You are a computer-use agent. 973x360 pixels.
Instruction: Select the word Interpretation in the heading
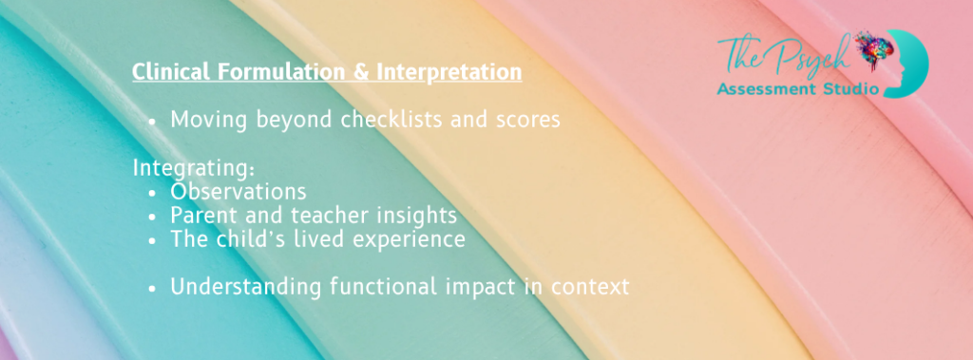tap(449, 73)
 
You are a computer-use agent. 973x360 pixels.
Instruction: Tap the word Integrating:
tap(194, 169)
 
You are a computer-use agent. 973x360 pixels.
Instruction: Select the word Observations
tap(238, 191)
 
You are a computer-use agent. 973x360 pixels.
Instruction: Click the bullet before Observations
tap(153, 193)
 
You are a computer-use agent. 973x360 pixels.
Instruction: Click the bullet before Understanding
tap(153, 289)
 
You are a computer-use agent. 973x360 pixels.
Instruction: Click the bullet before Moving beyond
tap(153, 122)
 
